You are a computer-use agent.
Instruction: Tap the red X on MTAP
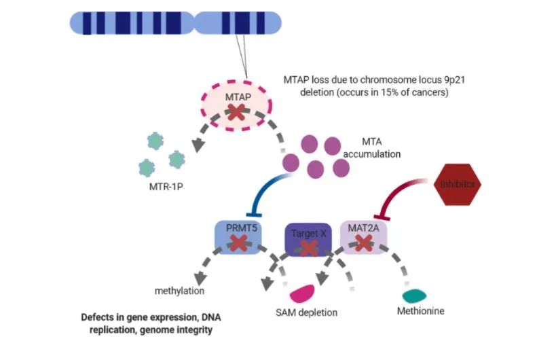(236, 113)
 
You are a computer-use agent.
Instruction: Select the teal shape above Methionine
(414, 296)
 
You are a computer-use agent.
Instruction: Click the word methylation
(179, 291)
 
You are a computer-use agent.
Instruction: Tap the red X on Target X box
(310, 247)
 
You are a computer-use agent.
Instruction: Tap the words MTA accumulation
(371, 149)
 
